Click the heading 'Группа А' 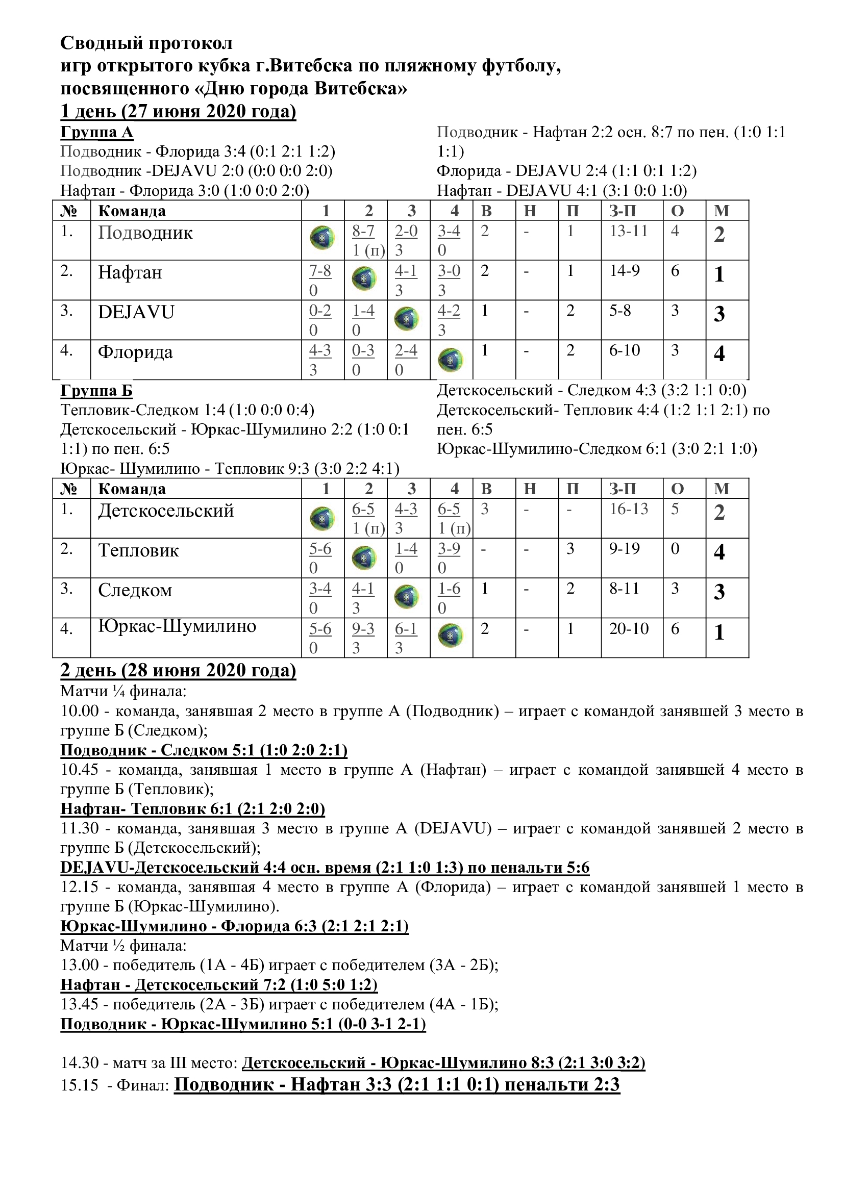(x=96, y=132)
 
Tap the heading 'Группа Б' (x=96, y=390)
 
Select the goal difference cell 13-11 (x=629, y=231)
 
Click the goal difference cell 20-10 (x=629, y=629)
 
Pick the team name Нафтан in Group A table (x=130, y=272)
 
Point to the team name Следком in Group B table (x=135, y=590)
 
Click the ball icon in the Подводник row (x=322, y=238)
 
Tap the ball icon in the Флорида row (x=451, y=360)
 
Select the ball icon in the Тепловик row (x=365, y=557)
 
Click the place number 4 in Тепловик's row (x=719, y=552)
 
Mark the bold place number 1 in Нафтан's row (x=719, y=274)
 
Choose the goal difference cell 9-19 (x=625, y=549)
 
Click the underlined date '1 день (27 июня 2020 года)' (x=178, y=111)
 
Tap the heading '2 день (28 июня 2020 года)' (x=178, y=670)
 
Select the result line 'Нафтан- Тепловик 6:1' (x=193, y=809)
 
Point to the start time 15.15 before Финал (x=80, y=1085)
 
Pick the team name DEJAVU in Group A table (x=136, y=312)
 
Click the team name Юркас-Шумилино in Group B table (x=177, y=626)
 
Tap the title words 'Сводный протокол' (x=146, y=43)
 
